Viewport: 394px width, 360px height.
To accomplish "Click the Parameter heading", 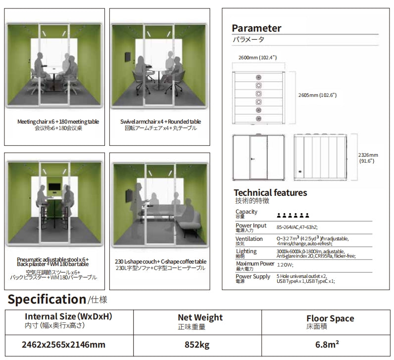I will tap(256, 29).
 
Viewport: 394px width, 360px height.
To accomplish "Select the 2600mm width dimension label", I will tap(257, 58).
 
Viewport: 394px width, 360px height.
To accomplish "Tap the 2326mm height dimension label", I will tap(368, 157).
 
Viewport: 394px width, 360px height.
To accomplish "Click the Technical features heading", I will tap(270, 193).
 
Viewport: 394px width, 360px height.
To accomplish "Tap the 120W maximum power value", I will tap(286, 265).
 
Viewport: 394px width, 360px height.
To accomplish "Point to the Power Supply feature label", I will tap(252, 276).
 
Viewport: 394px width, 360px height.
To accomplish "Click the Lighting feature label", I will tap(246, 251).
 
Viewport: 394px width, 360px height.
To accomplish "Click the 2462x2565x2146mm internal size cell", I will tap(63, 344).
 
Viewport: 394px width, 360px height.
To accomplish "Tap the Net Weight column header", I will tap(200, 317).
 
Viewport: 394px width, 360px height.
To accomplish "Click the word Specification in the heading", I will tap(47, 299).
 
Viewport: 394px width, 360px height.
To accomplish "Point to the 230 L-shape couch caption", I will tap(160, 262).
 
